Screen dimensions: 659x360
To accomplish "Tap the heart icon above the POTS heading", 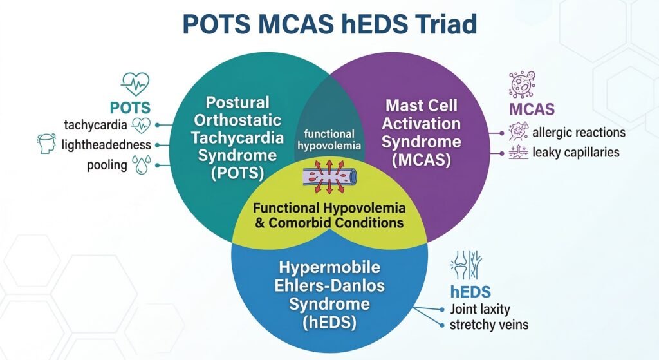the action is pyautogui.click(x=135, y=84).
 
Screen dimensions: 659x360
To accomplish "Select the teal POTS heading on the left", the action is pyautogui.click(x=130, y=108).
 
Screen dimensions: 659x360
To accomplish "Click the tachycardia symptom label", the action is pyautogui.click(x=95, y=125).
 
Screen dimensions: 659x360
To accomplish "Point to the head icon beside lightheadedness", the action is pyautogui.click(x=46, y=144).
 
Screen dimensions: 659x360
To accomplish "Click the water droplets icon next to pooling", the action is pyautogui.click(x=141, y=164).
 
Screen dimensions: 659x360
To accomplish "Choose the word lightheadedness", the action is pyautogui.click(x=106, y=145).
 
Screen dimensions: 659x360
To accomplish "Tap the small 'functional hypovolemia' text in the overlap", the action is pyautogui.click(x=329, y=140).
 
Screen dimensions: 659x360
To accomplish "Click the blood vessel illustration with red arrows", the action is pyautogui.click(x=329, y=176).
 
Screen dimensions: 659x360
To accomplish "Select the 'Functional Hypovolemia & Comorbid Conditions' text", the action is pyautogui.click(x=329, y=215).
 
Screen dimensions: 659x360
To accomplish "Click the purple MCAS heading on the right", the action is pyautogui.click(x=532, y=109).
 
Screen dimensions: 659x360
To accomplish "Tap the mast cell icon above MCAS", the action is pyautogui.click(x=522, y=84).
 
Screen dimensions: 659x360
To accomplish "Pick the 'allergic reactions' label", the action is pyautogui.click(x=579, y=133).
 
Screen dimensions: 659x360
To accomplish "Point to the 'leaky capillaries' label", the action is pyautogui.click(x=576, y=152).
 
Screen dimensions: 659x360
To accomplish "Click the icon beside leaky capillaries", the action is pyautogui.click(x=518, y=152).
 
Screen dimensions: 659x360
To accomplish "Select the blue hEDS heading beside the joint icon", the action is pyautogui.click(x=470, y=292).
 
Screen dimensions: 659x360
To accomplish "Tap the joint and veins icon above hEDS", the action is pyautogui.click(x=466, y=265).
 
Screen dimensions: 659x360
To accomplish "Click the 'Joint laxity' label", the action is pyautogui.click(x=480, y=310).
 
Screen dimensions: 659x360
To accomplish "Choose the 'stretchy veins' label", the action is pyautogui.click(x=489, y=325).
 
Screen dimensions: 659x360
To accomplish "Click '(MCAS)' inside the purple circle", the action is pyautogui.click(x=421, y=160).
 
